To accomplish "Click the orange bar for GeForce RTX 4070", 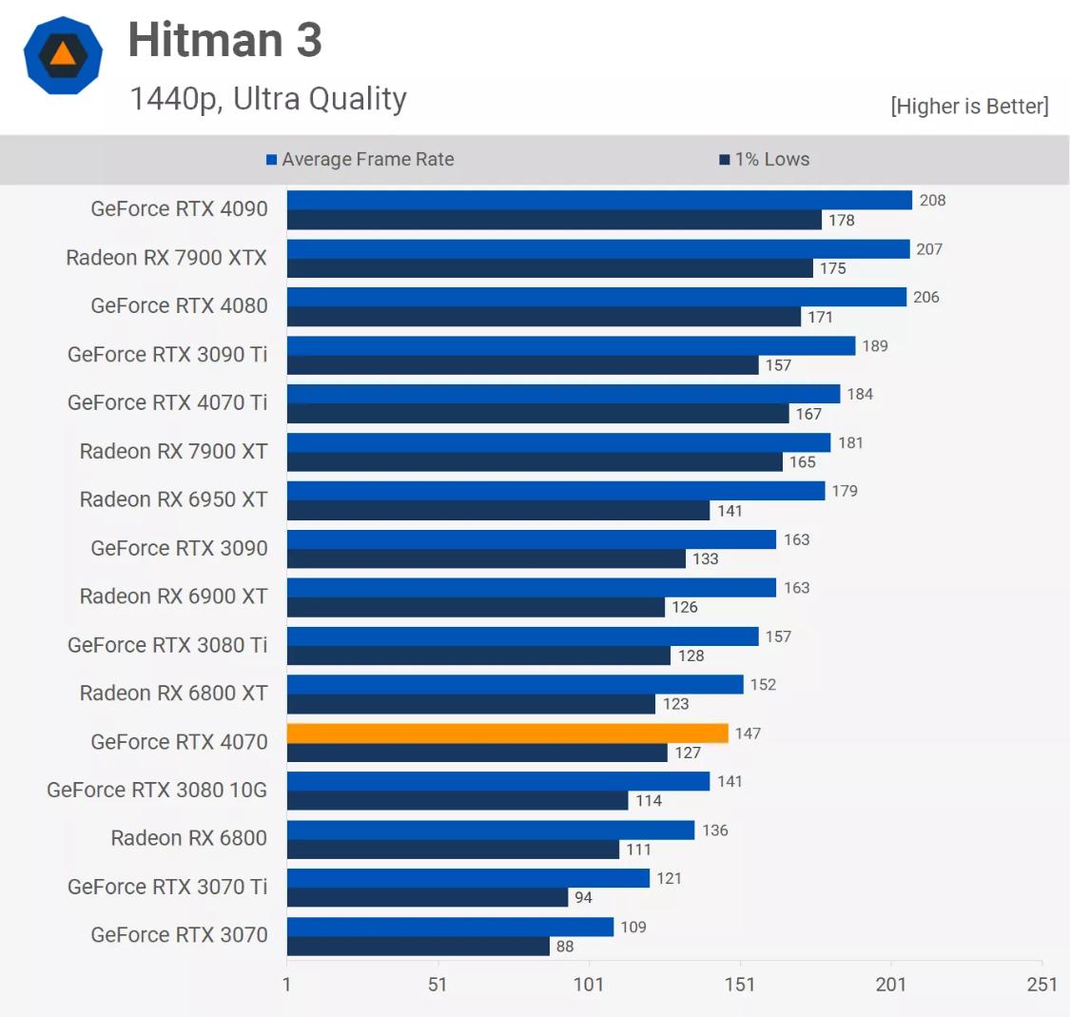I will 507,733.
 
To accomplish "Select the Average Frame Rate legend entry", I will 360,160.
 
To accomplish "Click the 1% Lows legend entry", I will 765,160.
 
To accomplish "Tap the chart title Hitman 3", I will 225,41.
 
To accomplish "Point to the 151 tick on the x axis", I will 739,984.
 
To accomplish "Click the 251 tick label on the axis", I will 1041,984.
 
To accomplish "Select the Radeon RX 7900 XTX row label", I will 166,258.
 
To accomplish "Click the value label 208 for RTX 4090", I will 932,200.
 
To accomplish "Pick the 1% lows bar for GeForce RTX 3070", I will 418,947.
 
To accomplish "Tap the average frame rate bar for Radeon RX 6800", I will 490,830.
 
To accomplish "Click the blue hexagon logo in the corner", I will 63,55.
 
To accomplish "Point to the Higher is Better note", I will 969,106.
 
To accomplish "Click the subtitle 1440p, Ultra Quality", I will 268,99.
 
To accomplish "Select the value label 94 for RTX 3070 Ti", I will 583,897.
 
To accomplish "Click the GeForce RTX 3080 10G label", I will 157,790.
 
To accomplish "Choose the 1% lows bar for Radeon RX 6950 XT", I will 497,511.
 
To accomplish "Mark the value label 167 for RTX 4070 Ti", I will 808,414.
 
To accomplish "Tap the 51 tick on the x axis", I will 438,984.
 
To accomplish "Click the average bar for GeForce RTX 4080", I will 596,297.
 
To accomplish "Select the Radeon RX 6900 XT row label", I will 173,597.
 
